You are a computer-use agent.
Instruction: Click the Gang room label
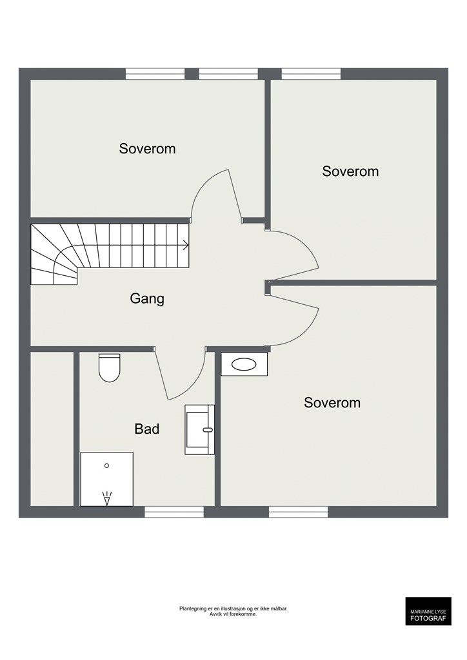(147, 299)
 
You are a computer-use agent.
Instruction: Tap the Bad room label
(147, 429)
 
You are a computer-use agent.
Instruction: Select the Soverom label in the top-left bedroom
(147, 149)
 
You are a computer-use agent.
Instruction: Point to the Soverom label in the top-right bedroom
(350, 171)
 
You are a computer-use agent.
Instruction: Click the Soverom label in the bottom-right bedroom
(332, 403)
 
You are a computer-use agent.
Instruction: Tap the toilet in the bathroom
(110, 367)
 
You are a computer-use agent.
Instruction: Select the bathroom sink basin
(199, 430)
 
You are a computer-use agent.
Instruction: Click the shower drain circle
(106, 465)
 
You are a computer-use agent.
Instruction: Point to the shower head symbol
(107, 498)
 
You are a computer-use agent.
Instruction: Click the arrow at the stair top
(185, 245)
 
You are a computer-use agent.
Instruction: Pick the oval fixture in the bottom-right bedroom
(244, 365)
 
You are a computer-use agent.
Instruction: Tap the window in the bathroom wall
(174, 512)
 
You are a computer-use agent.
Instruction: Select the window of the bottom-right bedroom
(299, 512)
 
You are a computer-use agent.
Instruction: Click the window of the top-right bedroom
(311, 73)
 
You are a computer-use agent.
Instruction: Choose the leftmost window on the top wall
(155, 73)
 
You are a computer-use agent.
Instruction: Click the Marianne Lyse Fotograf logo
(428, 611)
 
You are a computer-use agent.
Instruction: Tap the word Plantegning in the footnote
(192, 608)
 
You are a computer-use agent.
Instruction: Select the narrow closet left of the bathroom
(52, 429)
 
